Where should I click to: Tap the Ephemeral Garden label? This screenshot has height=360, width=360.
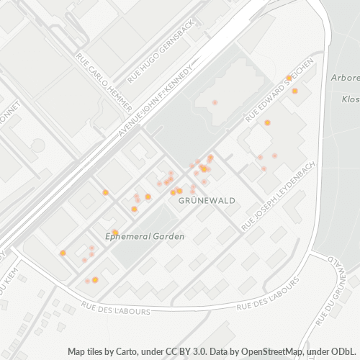point(145,236)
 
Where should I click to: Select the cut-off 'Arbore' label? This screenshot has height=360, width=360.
point(345,78)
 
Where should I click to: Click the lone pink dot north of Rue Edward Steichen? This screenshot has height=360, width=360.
point(214,103)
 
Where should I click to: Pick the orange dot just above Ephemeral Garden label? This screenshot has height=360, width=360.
point(114,232)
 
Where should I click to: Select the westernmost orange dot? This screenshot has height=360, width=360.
point(63,253)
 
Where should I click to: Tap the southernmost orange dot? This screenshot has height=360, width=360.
point(95,279)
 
